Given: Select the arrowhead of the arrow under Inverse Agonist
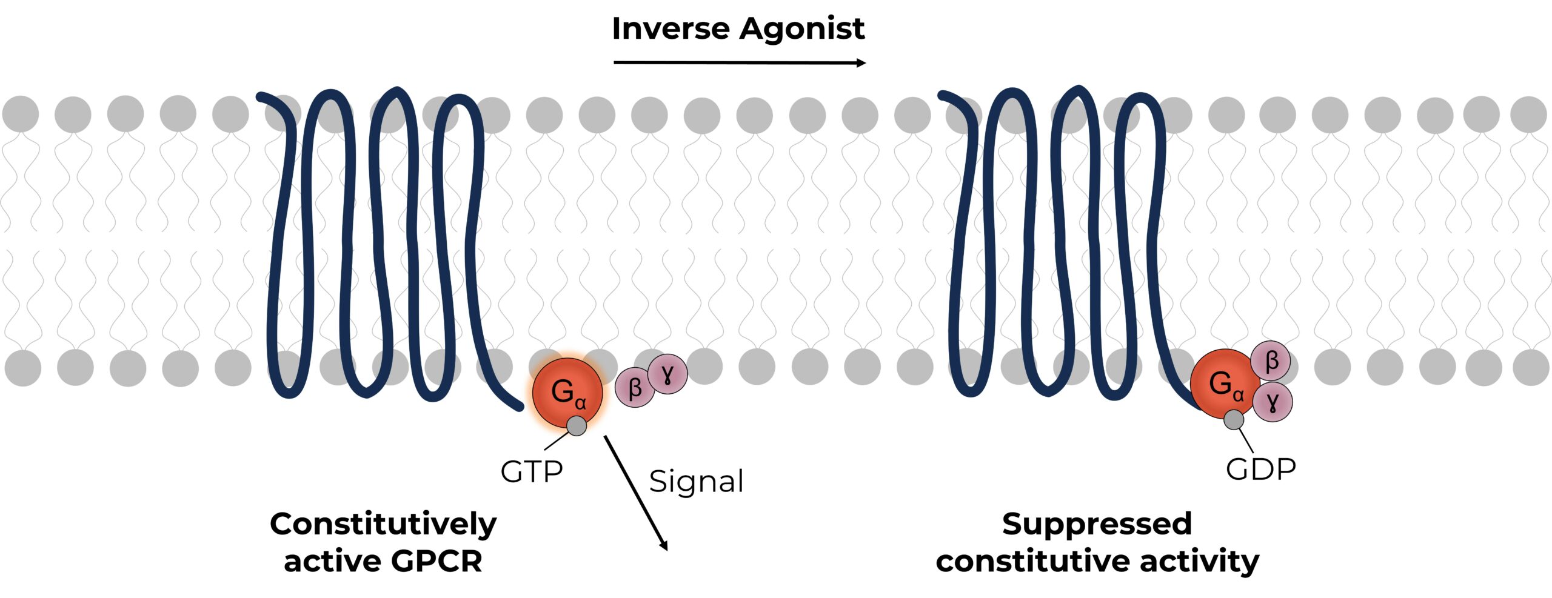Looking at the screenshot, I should coord(861,62).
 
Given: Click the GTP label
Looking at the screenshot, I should coord(531,471).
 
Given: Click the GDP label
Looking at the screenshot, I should coord(1260,469).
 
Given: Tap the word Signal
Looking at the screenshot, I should coord(696,482).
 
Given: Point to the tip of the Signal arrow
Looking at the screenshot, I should coord(666,548).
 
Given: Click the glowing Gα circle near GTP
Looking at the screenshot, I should coord(564,391).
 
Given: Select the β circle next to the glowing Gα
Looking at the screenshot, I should coord(634,388).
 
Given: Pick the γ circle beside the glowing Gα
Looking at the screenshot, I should coord(667,374).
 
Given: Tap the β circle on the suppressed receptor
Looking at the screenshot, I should coord(1271,361).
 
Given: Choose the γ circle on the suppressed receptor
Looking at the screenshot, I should coord(1273,401).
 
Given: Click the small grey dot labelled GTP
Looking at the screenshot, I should coord(577,425).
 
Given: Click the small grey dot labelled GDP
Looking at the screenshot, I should coord(1234,419).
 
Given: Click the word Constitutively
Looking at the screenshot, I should coord(383,524).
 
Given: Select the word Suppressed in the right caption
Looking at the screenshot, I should coord(1097,524).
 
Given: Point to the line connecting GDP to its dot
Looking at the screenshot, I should coord(1246,440).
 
